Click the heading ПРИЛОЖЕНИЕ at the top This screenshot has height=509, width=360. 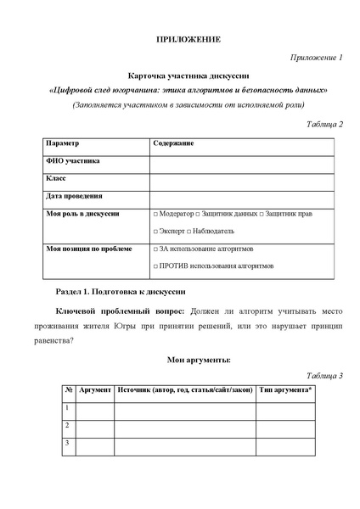pyautogui.click(x=188, y=40)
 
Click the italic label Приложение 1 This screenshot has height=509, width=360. pyautogui.click(x=317, y=58)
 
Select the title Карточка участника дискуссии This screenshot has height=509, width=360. pyautogui.click(x=188, y=75)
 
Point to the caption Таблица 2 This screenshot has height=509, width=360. pyautogui.click(x=323, y=124)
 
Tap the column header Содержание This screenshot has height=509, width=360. pyautogui.click(x=173, y=143)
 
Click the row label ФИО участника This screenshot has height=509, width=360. pyautogui.click(x=72, y=160)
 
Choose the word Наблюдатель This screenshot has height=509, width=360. pyautogui.click(x=211, y=231)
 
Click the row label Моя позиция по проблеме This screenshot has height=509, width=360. pyautogui.click(x=88, y=249)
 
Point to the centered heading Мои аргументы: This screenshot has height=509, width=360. pyautogui.click(x=188, y=360)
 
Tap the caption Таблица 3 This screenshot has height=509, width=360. pyautogui.click(x=323, y=375)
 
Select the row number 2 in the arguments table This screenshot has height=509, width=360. pyautogui.click(x=67, y=425)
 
